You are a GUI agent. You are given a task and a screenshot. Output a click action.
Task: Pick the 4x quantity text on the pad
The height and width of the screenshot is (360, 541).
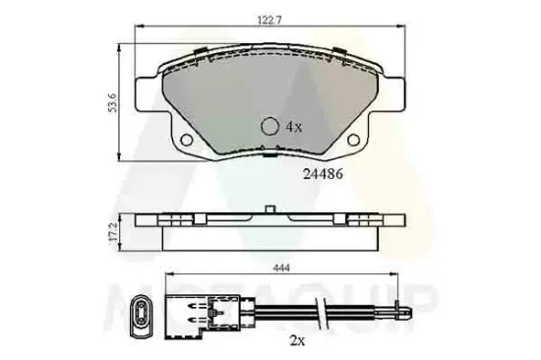(x=293, y=127)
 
